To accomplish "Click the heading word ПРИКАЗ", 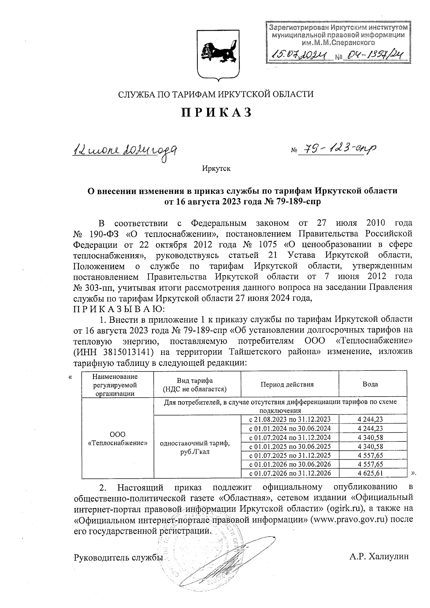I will pyautogui.click(x=216, y=112).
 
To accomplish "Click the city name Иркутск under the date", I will pyautogui.click(x=216, y=169).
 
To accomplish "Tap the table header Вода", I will pyautogui.click(x=370, y=384).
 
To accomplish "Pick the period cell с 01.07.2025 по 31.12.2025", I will pyautogui.click(x=290, y=455).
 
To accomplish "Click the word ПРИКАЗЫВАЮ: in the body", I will pyautogui.click(x=118, y=308).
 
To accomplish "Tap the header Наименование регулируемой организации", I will pyautogui.click(x=115, y=385).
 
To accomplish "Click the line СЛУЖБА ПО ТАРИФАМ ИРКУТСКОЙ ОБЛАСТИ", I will pyautogui.click(x=216, y=94).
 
